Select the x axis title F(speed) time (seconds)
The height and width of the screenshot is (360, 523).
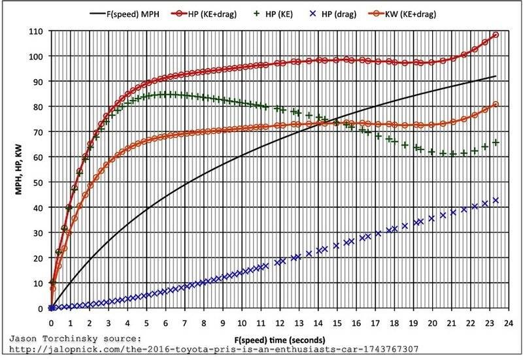[279, 340]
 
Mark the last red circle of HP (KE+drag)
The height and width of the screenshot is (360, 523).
[495, 35]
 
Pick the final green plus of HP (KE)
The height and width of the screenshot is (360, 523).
[496, 142]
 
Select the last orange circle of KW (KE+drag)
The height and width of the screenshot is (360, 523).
[495, 105]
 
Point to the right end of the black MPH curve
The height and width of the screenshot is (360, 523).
[496, 76]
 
